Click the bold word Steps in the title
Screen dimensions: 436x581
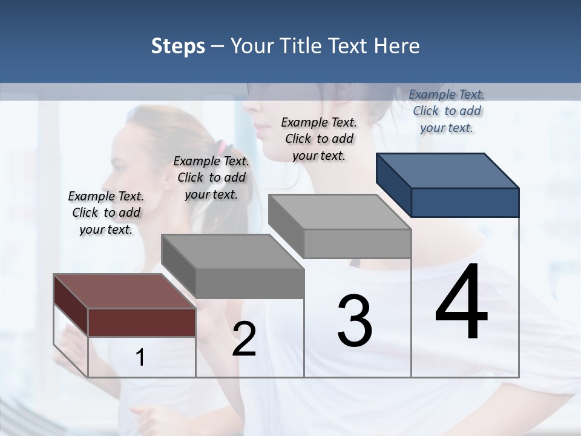(x=178, y=46)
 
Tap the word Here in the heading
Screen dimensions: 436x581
(x=396, y=46)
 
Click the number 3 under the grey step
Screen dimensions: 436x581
(x=355, y=320)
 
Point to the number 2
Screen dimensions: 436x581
(x=244, y=339)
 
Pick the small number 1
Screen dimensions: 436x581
(x=140, y=358)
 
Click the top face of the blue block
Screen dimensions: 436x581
(x=447, y=170)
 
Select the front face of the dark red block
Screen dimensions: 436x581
(x=142, y=322)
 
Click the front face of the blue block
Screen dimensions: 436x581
(x=465, y=202)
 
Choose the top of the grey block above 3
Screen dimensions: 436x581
(x=339, y=211)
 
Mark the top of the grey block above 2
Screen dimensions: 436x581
(x=232, y=251)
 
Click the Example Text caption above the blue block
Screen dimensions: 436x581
(x=447, y=111)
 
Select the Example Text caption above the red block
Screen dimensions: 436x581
(x=106, y=213)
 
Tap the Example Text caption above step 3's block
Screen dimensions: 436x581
(x=319, y=139)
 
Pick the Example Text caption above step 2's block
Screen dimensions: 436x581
(x=211, y=177)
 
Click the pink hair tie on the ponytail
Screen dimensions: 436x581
(x=222, y=147)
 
